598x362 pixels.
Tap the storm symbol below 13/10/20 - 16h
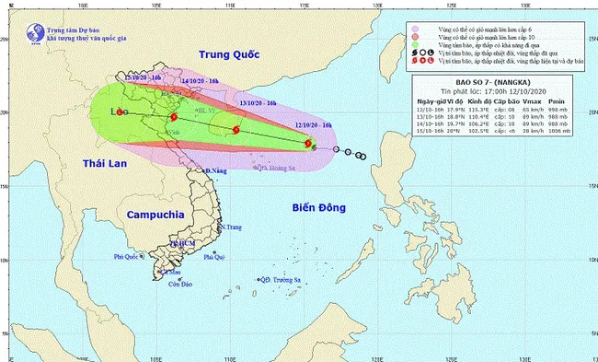point(237,130)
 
